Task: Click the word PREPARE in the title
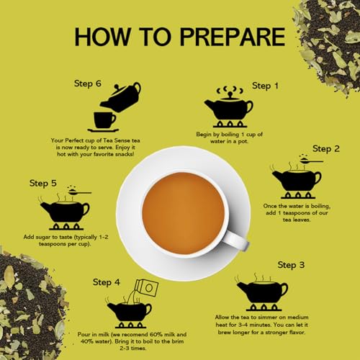[x=233, y=37]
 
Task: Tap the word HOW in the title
[x=102, y=37]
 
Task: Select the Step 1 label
[x=265, y=86]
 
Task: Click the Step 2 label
[x=326, y=149]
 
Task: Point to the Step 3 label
[x=291, y=265]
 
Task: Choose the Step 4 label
[x=107, y=282]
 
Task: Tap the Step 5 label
[x=43, y=183]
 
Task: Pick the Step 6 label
[x=88, y=84]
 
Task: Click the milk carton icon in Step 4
[x=147, y=287]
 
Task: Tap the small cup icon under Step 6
[x=104, y=120]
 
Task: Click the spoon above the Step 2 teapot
[x=312, y=161]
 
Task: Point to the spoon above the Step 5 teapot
[x=80, y=192]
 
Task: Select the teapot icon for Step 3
[x=262, y=292]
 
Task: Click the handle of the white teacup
[x=236, y=240]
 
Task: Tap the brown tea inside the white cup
[x=184, y=214]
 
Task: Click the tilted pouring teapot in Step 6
[x=121, y=97]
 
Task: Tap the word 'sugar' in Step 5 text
[x=43, y=238]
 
